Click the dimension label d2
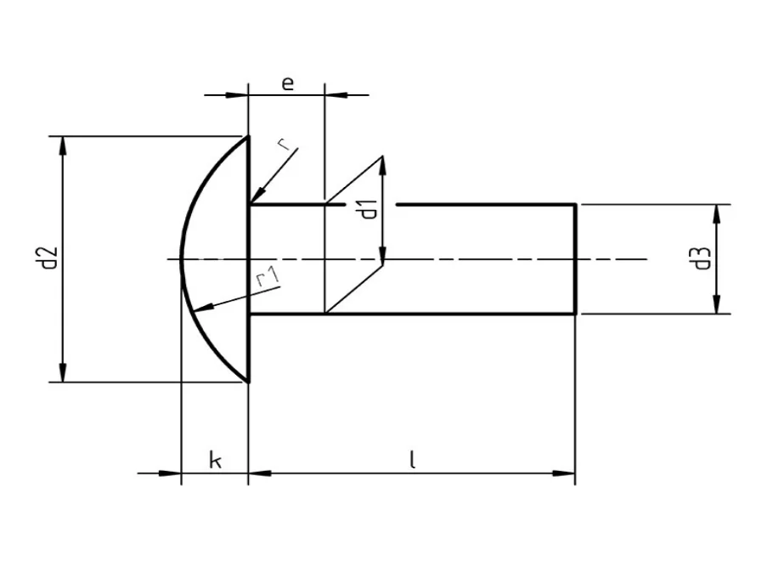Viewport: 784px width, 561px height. (48, 258)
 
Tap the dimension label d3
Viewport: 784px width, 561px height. (702, 258)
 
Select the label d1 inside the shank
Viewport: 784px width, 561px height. (368, 208)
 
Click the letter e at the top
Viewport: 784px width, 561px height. (287, 82)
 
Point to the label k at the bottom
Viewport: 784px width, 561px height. (216, 461)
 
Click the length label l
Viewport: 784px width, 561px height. (411, 460)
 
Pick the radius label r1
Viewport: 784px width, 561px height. (267, 277)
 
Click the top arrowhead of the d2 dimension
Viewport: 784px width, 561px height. (62, 144)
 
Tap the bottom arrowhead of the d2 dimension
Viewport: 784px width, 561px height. (62, 374)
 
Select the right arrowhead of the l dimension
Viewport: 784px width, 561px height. (567, 473)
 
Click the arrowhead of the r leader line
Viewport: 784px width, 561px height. (255, 197)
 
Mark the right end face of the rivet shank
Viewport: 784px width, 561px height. (577, 258)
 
